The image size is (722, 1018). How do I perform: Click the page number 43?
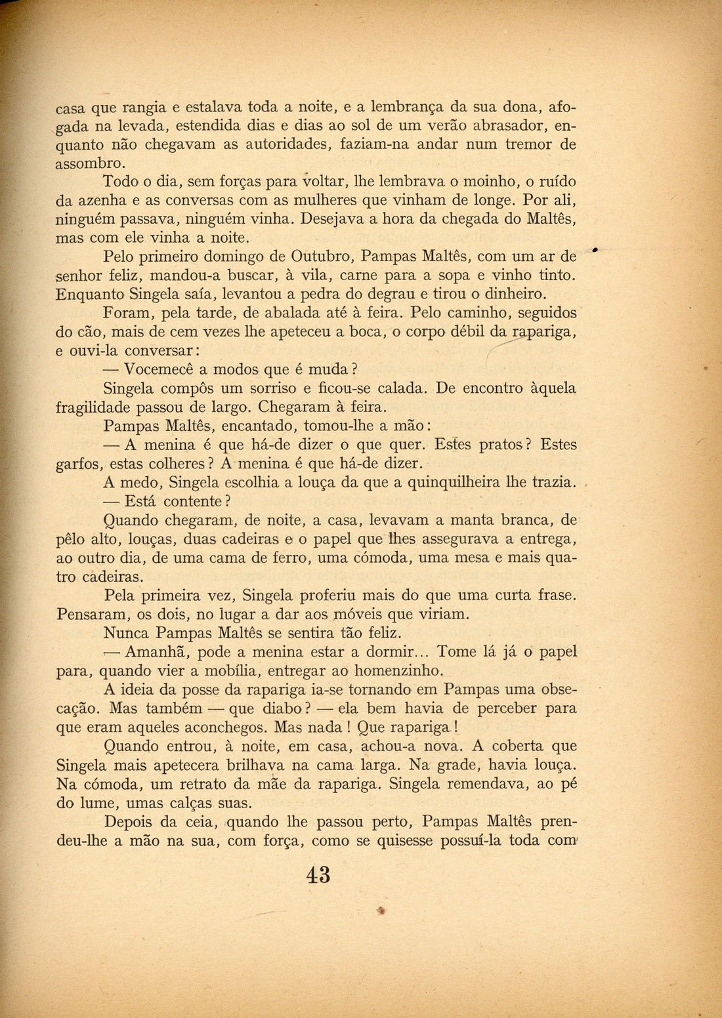[x=318, y=875]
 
